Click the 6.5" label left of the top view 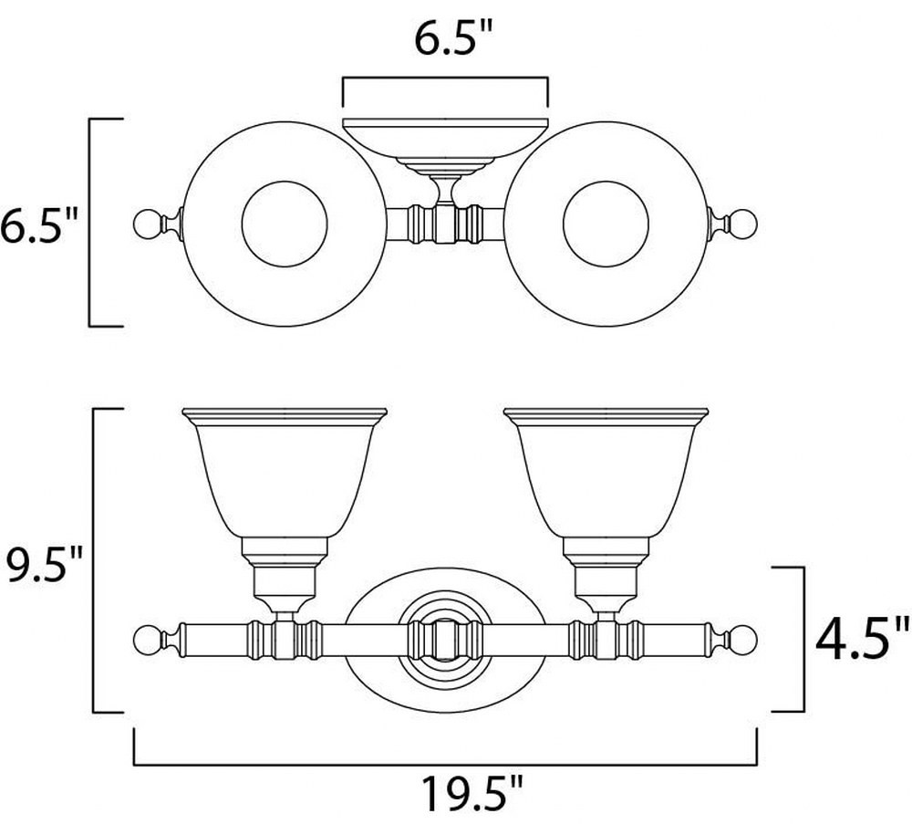(x=39, y=226)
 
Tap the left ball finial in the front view (x=145, y=641)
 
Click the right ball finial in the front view (x=745, y=641)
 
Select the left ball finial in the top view (x=145, y=224)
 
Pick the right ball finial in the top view (x=745, y=224)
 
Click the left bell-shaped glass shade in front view (x=285, y=473)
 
